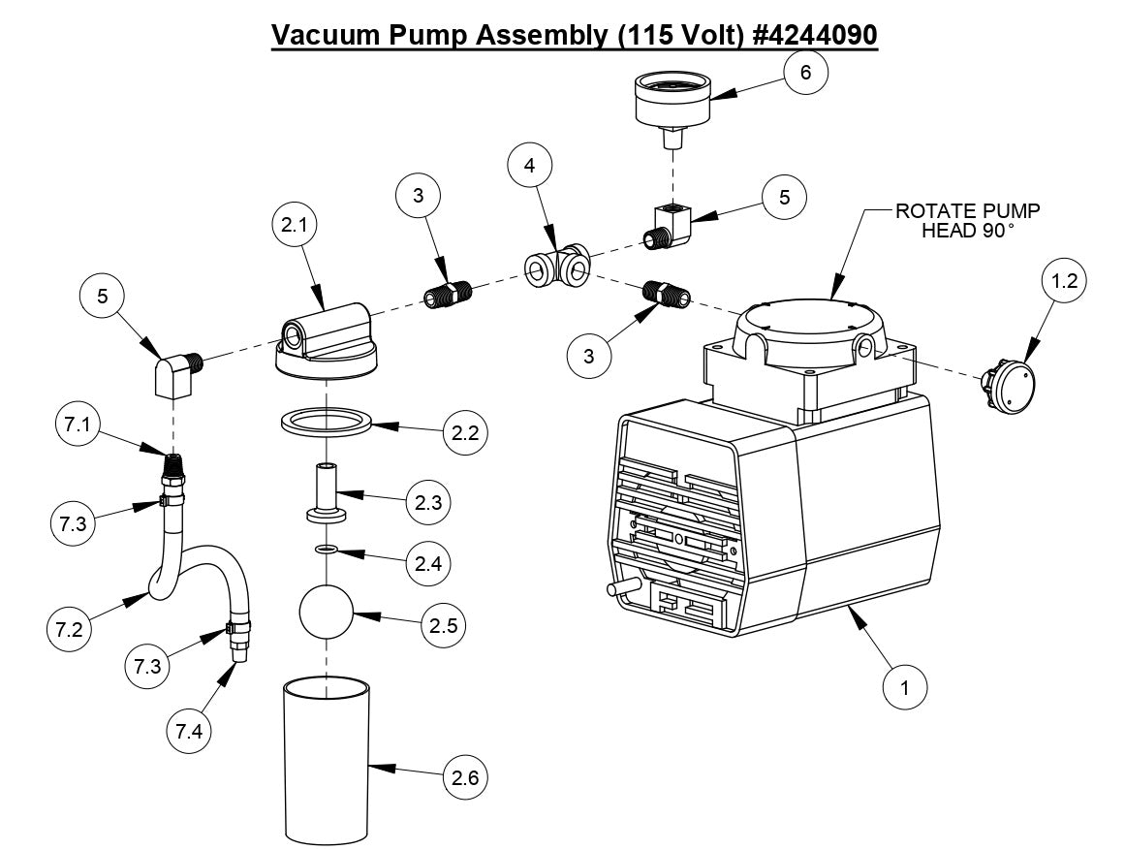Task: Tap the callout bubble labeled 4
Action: [530, 166]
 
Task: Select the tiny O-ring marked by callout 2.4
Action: [327, 551]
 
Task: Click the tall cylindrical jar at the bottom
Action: [327, 761]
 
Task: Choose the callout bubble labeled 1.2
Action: [1063, 282]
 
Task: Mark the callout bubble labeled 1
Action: [905, 687]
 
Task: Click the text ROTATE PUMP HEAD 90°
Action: [969, 220]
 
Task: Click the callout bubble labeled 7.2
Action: [71, 628]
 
